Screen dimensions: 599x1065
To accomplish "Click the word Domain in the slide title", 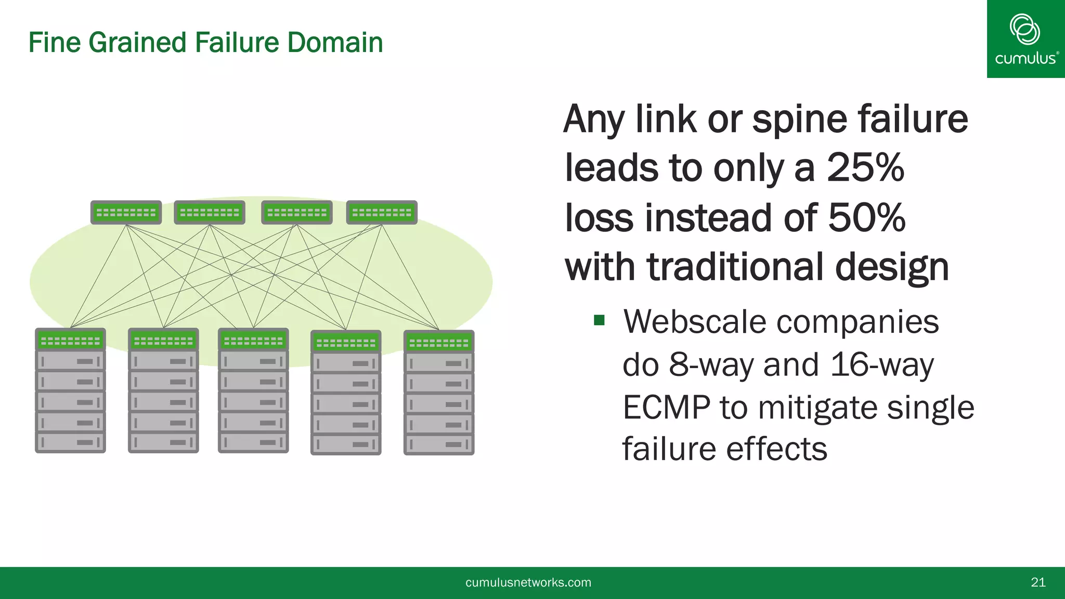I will coord(335,43).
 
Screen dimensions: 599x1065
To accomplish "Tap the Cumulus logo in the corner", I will coord(1025,39).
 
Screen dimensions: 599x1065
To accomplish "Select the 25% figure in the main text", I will coord(865,168).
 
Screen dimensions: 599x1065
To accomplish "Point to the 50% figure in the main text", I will coord(866,217).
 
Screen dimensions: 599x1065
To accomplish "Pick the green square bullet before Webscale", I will coord(599,320).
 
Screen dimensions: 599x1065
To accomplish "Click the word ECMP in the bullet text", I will coord(666,407).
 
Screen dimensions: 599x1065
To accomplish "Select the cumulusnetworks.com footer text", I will coord(528,582).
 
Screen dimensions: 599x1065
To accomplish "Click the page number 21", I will coord(1038,582).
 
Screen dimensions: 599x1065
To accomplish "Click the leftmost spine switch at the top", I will coord(126,213).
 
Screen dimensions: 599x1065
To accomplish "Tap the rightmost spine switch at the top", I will coord(382,213).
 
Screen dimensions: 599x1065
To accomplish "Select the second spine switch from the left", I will coord(209,213).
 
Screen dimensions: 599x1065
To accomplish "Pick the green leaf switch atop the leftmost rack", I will coord(70,341).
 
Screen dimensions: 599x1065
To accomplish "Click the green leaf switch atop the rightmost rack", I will coord(439,343).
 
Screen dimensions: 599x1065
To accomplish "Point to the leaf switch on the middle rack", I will coord(253,341).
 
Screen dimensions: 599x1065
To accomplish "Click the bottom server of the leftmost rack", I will coord(70,442).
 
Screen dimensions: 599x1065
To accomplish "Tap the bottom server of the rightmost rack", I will coord(439,445).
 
